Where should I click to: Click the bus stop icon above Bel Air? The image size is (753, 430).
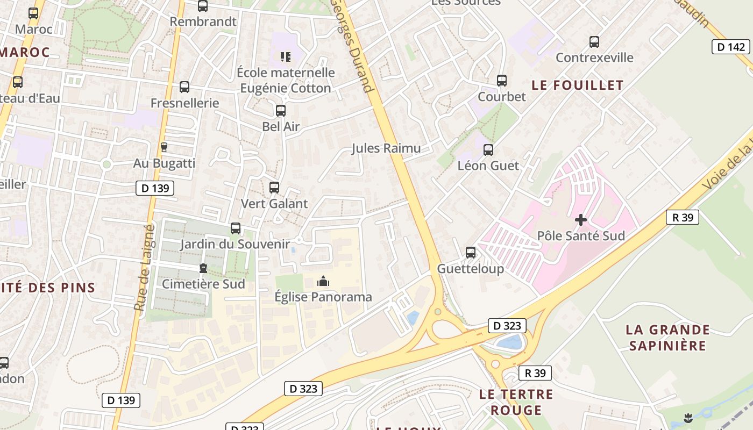(x=280, y=111)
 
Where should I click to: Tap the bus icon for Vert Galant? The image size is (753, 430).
(x=274, y=188)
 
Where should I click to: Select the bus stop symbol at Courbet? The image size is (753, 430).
(x=501, y=81)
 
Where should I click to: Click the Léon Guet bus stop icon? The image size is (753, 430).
(x=488, y=150)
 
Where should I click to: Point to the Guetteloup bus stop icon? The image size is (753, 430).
(x=470, y=253)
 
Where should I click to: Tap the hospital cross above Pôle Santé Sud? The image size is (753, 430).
(x=580, y=220)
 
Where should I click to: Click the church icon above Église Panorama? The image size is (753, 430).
(x=323, y=281)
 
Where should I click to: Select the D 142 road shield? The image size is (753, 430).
(x=731, y=47)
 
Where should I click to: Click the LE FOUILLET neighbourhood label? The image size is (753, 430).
(x=577, y=85)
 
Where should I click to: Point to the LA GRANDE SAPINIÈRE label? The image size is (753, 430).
(x=667, y=338)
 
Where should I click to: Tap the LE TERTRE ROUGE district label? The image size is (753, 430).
(x=516, y=402)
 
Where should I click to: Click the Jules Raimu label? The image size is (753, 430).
(x=386, y=148)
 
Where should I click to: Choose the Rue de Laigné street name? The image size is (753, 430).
(x=144, y=268)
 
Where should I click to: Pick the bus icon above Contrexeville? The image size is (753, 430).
(x=594, y=42)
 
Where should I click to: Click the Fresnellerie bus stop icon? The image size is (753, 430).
(x=184, y=87)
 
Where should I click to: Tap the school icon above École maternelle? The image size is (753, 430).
(x=285, y=56)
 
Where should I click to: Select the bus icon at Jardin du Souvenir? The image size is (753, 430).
(x=235, y=228)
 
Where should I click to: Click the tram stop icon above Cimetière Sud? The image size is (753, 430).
(x=203, y=268)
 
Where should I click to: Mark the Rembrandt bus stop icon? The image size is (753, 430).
(x=202, y=6)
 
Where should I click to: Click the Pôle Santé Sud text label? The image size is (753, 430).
(x=581, y=236)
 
